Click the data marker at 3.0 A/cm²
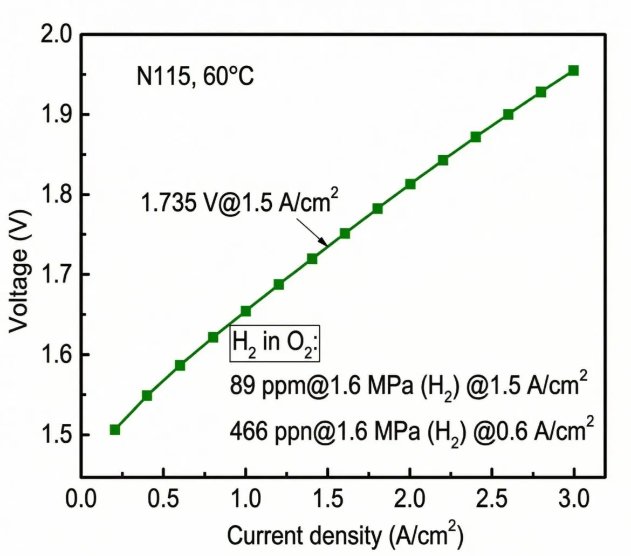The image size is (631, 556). [573, 71]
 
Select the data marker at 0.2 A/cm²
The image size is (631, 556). [115, 430]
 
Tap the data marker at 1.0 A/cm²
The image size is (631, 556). [246, 311]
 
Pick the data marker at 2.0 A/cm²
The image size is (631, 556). [410, 184]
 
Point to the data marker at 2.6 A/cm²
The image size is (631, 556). [508, 114]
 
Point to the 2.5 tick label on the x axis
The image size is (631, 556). [491, 497]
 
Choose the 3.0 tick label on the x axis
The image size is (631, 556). [573, 497]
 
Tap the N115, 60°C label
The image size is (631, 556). [195, 77]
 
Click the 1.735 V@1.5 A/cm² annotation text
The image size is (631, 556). [240, 203]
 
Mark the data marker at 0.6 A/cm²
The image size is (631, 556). [180, 366]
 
